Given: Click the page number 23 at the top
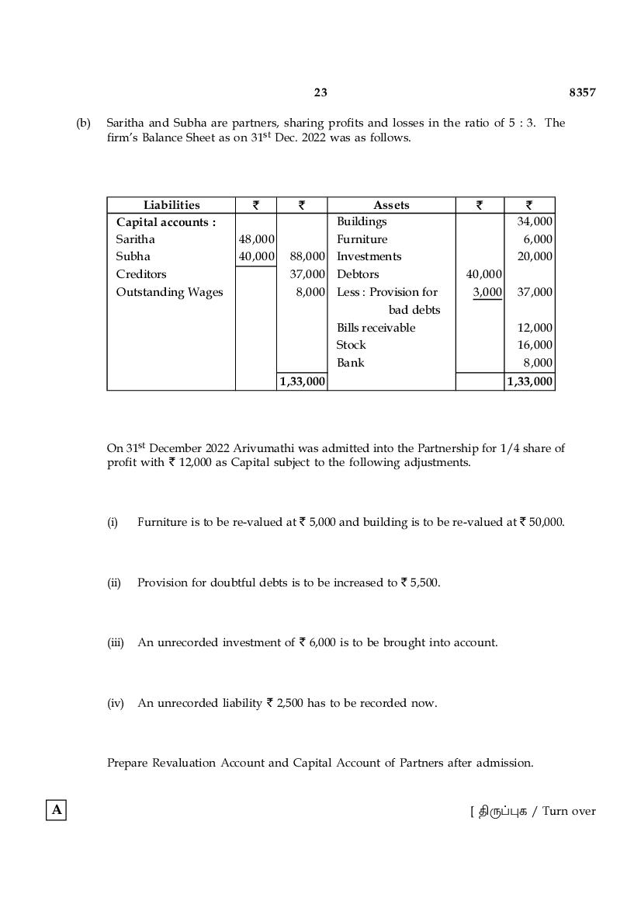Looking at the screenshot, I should (320, 92).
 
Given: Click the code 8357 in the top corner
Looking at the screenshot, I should (582, 92).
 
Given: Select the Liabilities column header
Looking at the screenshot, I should (172, 205).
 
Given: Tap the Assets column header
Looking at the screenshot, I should (391, 205).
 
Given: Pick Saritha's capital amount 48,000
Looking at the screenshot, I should (257, 239).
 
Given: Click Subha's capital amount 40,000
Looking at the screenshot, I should (257, 256).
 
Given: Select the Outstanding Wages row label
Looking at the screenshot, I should (169, 292).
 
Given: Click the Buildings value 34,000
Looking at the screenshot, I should (535, 221).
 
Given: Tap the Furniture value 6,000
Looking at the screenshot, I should (538, 239).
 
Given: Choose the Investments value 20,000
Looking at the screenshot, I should (535, 256).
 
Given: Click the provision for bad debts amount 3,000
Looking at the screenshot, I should (487, 292).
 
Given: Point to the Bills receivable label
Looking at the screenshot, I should (376, 328).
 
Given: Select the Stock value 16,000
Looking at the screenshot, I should (535, 345).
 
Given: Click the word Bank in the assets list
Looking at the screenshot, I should (350, 363).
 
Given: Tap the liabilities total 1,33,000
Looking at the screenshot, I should (303, 381).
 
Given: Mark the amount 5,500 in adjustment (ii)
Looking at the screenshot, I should (424, 583).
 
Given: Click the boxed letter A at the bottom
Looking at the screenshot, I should (57, 810).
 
